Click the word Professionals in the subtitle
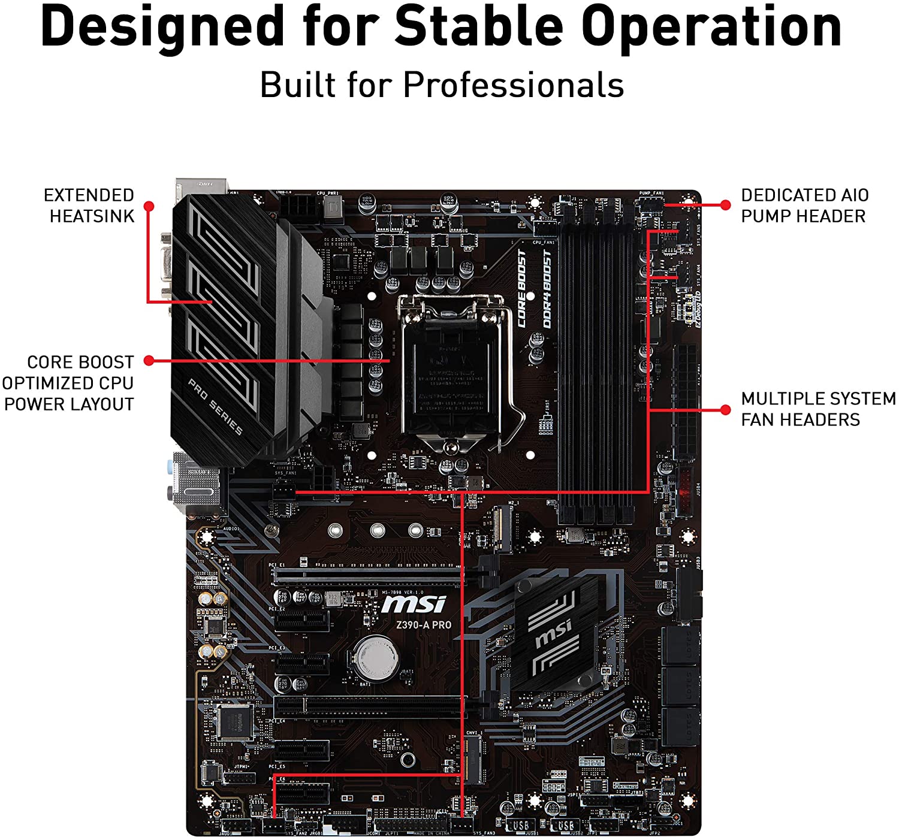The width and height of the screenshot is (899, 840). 514,84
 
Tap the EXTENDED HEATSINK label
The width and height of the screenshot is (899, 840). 90,206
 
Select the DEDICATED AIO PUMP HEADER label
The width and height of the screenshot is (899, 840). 804,206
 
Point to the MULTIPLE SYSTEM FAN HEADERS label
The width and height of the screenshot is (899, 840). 817,409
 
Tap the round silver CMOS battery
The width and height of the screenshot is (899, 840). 376,657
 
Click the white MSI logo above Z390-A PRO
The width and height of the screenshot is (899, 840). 414,603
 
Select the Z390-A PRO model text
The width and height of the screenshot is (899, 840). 423,625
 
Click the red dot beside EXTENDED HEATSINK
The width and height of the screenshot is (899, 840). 149,206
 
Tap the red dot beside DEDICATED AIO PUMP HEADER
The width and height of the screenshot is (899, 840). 726,205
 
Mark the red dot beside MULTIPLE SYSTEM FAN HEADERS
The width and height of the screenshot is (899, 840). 726,410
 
